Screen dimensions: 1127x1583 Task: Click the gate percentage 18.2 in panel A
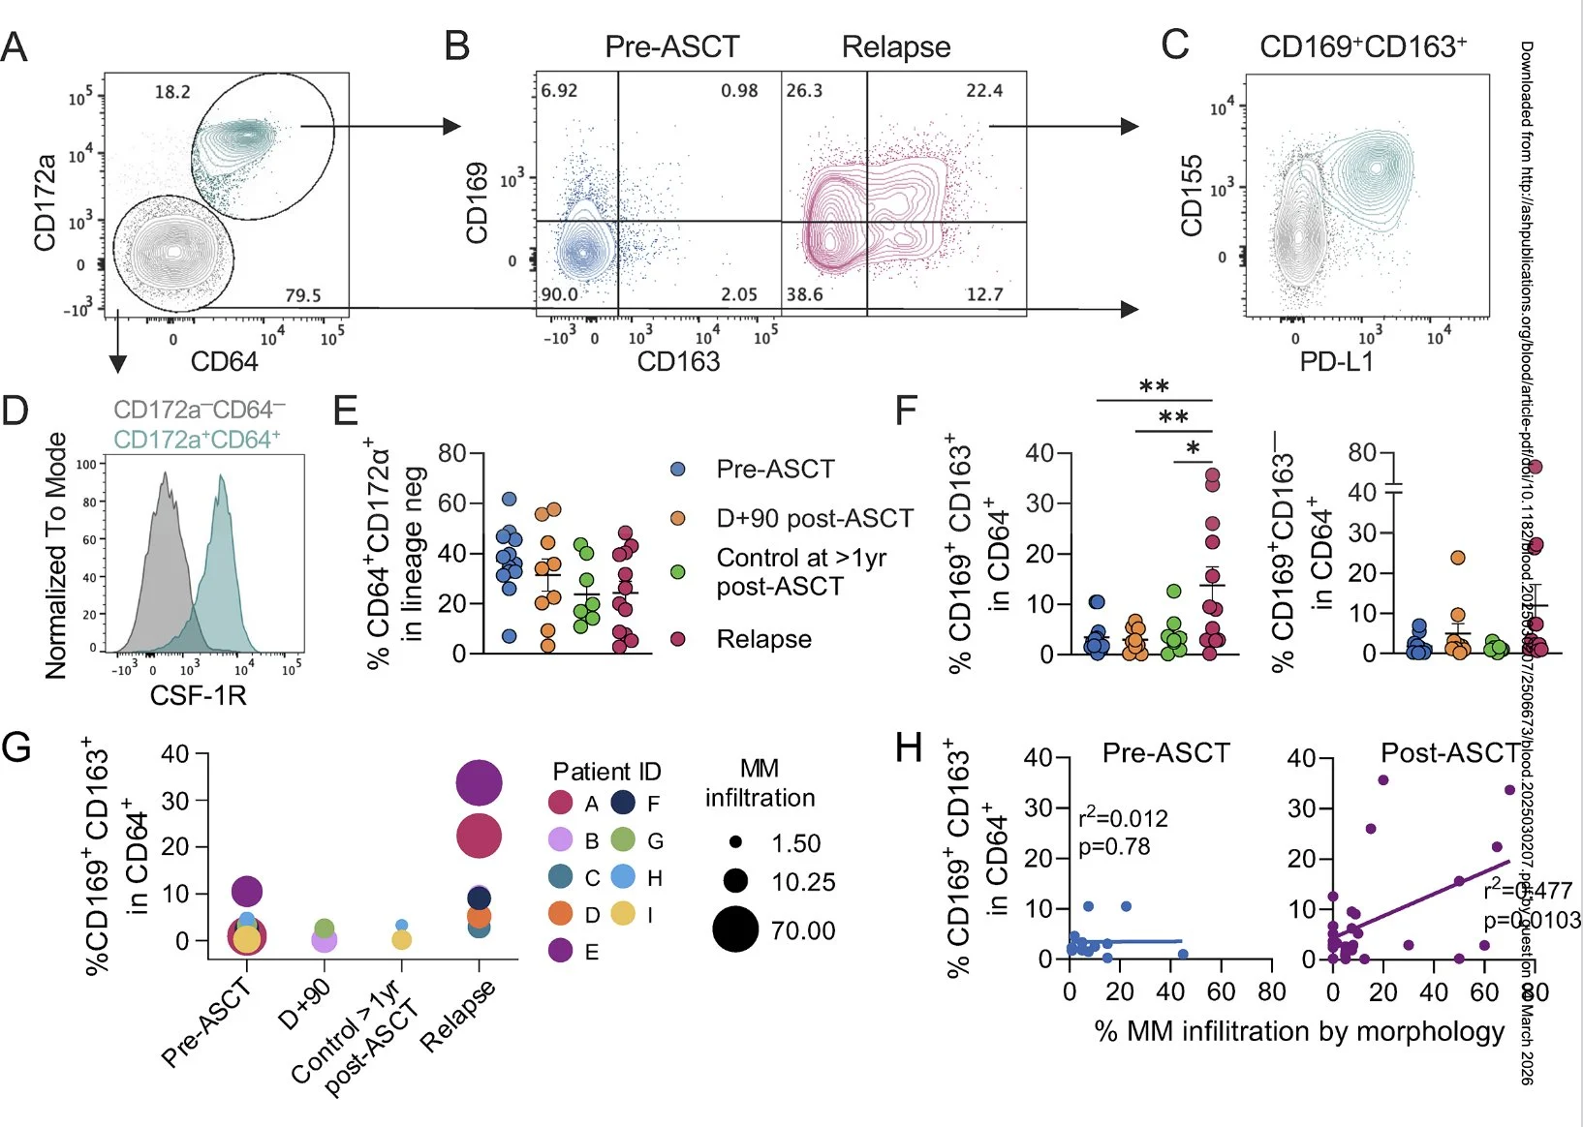coord(172,92)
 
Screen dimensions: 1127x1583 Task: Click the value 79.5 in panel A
coord(302,295)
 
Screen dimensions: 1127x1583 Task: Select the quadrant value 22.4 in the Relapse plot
coord(983,90)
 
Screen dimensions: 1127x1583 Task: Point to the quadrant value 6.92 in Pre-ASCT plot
coord(559,90)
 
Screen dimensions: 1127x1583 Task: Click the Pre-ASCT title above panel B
coord(671,46)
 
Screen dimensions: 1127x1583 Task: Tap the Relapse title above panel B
coord(896,46)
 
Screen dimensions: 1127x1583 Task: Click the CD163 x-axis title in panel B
coord(678,361)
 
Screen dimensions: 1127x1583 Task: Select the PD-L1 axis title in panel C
coord(1336,362)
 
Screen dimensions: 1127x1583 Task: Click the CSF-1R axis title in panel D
coord(198,694)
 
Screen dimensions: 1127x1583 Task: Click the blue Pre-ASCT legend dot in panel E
coord(678,470)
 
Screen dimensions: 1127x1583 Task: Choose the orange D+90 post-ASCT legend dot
coord(678,519)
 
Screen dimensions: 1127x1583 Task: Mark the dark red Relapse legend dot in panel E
coord(678,639)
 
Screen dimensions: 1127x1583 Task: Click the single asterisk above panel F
coord(1193,448)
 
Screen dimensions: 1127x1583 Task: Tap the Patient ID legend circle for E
coord(560,951)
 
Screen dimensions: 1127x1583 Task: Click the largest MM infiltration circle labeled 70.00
coord(735,929)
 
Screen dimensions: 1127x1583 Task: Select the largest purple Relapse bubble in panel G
coord(479,783)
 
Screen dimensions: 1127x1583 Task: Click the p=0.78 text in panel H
coord(1114,846)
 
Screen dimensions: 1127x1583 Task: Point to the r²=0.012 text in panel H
coord(1123,818)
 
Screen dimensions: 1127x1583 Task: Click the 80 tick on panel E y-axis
coord(451,453)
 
